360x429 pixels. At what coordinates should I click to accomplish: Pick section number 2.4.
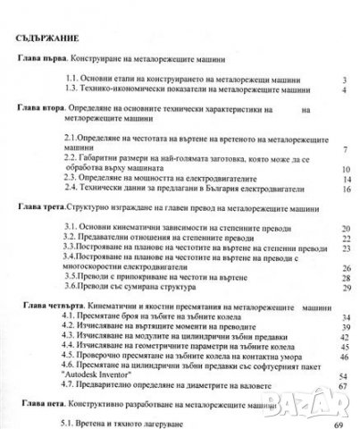tap(83, 189)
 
